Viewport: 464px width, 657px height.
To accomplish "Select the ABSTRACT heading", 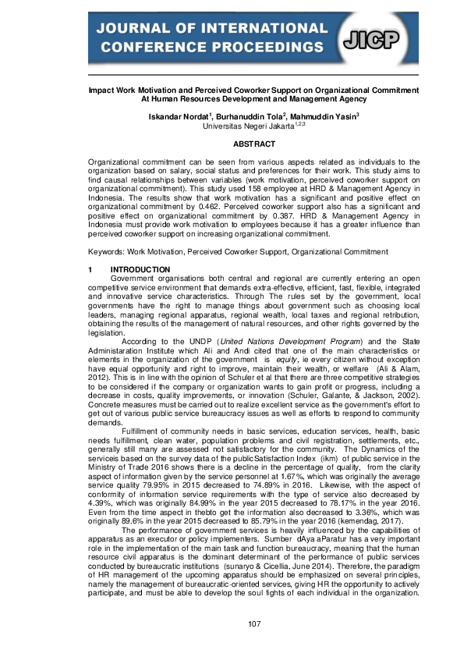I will click(254, 144).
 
